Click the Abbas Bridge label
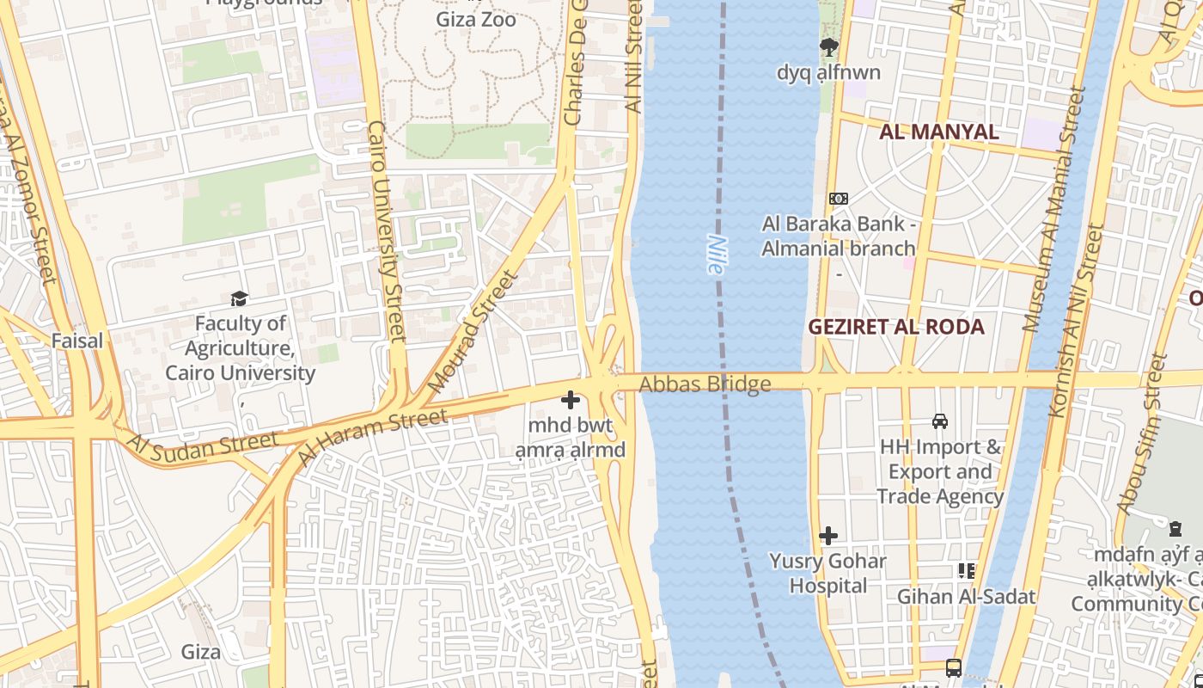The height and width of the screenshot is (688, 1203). click(705, 384)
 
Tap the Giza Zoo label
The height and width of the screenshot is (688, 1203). click(476, 19)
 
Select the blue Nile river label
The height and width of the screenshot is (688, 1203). click(716, 255)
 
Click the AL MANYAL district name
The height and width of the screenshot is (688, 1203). click(938, 132)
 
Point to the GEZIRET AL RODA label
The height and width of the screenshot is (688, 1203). click(896, 327)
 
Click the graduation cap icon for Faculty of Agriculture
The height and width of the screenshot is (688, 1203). click(239, 298)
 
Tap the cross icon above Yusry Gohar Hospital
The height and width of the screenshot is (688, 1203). click(827, 536)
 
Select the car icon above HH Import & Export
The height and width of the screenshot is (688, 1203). click(940, 421)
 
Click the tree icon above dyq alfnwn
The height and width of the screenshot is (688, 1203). click(828, 47)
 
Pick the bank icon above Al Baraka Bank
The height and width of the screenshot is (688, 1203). click(838, 199)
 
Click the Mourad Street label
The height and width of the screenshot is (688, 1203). click(473, 331)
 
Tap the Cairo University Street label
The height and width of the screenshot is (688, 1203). click(386, 232)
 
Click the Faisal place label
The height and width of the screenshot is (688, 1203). click(77, 341)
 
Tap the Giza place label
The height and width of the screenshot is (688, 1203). click(200, 652)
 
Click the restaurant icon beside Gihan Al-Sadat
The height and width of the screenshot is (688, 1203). click(967, 571)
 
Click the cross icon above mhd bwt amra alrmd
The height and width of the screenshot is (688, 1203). click(571, 400)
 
